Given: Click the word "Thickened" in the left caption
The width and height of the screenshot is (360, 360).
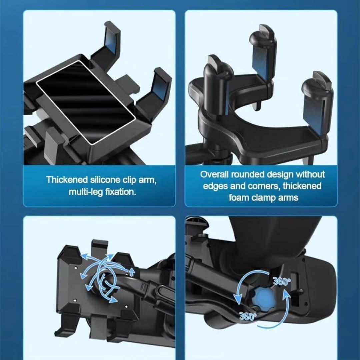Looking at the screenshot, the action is click(x=67, y=180).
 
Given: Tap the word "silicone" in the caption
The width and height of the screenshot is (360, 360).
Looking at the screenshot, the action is click(x=105, y=180).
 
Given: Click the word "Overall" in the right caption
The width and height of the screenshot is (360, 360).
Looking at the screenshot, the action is click(x=214, y=174).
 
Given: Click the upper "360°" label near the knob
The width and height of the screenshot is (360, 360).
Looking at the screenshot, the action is click(x=281, y=281).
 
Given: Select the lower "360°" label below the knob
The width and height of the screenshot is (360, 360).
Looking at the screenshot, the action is click(x=247, y=316).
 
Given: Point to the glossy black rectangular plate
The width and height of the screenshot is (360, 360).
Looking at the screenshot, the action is click(x=85, y=102).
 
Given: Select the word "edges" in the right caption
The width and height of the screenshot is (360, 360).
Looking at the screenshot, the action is click(x=216, y=186).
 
